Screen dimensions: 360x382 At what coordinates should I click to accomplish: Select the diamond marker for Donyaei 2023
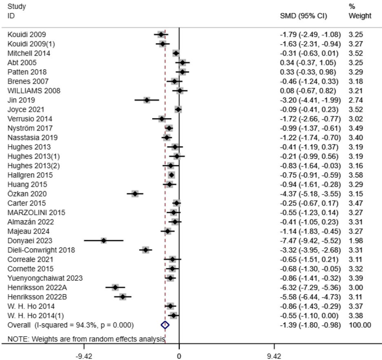pyautogui.click(x=104, y=240)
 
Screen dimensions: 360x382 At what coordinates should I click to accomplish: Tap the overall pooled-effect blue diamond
pyautogui.click(x=165, y=325)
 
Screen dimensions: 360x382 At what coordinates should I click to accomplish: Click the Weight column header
pyautogui.click(x=360, y=16)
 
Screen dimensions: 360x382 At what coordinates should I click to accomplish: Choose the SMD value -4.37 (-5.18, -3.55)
pyautogui.click(x=310, y=193)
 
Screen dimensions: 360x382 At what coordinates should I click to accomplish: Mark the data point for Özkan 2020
pyautogui.click(x=135, y=193)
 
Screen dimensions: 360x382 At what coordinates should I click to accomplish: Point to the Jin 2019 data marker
pyautogui.click(x=147, y=100)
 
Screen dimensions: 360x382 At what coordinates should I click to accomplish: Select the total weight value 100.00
pyautogui.click(x=359, y=325)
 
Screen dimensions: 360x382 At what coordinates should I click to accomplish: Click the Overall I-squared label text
pyautogui.click(x=71, y=325)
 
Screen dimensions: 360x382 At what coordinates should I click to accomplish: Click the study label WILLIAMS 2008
pyautogui.click(x=34, y=91)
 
